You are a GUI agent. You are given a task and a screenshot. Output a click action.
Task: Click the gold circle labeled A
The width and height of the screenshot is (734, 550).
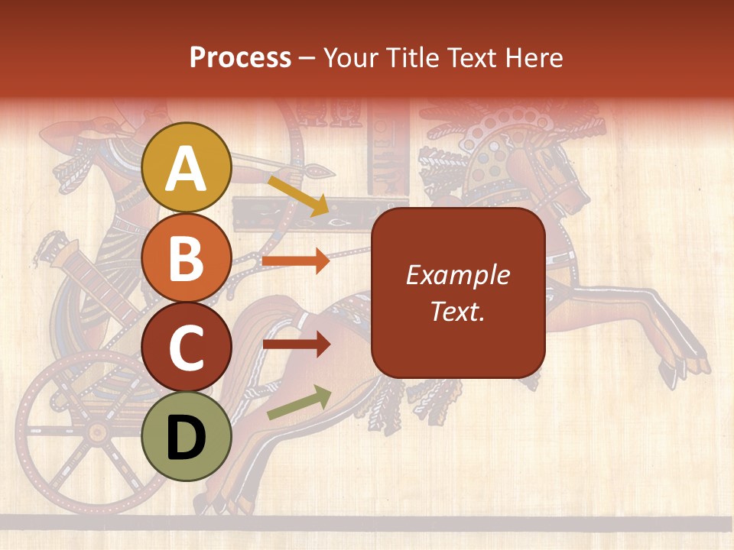point(187,167)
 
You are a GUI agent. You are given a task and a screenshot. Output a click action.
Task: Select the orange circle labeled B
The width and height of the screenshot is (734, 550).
point(187,257)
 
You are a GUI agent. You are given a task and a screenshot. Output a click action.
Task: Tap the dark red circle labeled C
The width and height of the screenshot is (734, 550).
point(187,347)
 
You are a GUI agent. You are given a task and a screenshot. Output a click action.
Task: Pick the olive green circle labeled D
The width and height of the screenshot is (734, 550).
point(187,436)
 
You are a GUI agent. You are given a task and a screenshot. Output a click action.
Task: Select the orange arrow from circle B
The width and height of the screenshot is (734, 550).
point(296,261)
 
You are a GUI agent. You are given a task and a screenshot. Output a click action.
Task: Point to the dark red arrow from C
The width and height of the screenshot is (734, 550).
point(296,345)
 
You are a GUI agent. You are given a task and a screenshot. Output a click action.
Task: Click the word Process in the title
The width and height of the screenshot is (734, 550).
point(240,58)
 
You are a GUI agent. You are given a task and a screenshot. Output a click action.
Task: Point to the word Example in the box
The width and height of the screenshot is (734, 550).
point(457,276)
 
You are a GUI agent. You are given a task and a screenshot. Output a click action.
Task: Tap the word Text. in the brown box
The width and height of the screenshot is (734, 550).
point(457,311)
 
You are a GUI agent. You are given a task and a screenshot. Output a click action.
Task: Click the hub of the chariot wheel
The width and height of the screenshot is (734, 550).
point(97,432)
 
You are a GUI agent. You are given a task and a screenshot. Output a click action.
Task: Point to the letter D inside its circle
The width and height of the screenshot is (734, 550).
point(187,438)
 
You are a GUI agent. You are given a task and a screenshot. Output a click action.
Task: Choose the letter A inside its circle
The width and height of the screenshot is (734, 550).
point(187,169)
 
